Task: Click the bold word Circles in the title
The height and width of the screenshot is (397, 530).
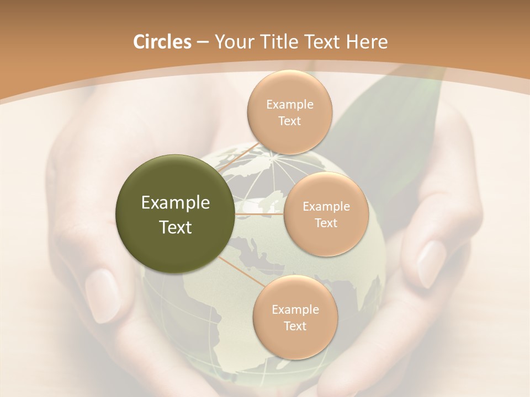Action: pos(162,42)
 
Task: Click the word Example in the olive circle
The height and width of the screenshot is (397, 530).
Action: pos(176,203)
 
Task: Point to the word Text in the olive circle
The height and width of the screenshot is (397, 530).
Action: pos(176,227)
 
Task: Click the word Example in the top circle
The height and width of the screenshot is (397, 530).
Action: pos(290,105)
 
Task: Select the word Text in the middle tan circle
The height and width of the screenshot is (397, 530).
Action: pos(326,223)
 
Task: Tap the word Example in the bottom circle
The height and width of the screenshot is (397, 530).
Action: pos(295,310)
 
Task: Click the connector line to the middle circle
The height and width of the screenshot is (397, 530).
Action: pos(259,213)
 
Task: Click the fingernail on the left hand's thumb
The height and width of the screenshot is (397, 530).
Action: pos(102,295)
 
